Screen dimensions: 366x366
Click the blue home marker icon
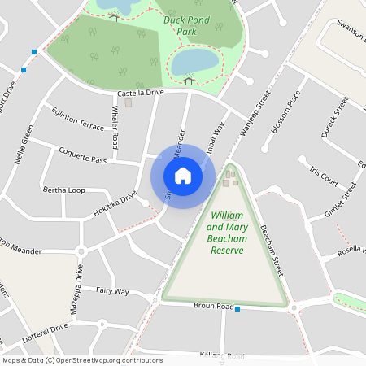coord(183,176)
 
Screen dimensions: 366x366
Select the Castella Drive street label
coord(141,93)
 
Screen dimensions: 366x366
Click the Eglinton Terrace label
coord(77,120)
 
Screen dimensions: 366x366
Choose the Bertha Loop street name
coord(64,190)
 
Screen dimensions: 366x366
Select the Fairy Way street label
coord(112,290)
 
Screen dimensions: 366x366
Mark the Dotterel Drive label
coord(47,331)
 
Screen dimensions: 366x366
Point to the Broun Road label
coord(213,305)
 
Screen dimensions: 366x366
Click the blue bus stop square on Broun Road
coord(237,309)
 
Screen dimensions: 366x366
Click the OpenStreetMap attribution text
coord(82,359)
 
